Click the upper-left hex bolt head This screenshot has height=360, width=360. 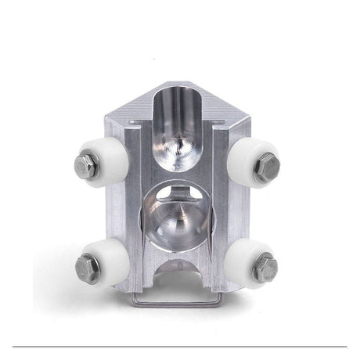[85, 164]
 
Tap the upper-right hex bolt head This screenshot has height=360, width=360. [267, 164]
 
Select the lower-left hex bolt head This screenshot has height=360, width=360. [86, 267]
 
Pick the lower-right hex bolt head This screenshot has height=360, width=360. [265, 267]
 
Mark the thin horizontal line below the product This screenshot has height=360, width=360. [180, 346]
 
